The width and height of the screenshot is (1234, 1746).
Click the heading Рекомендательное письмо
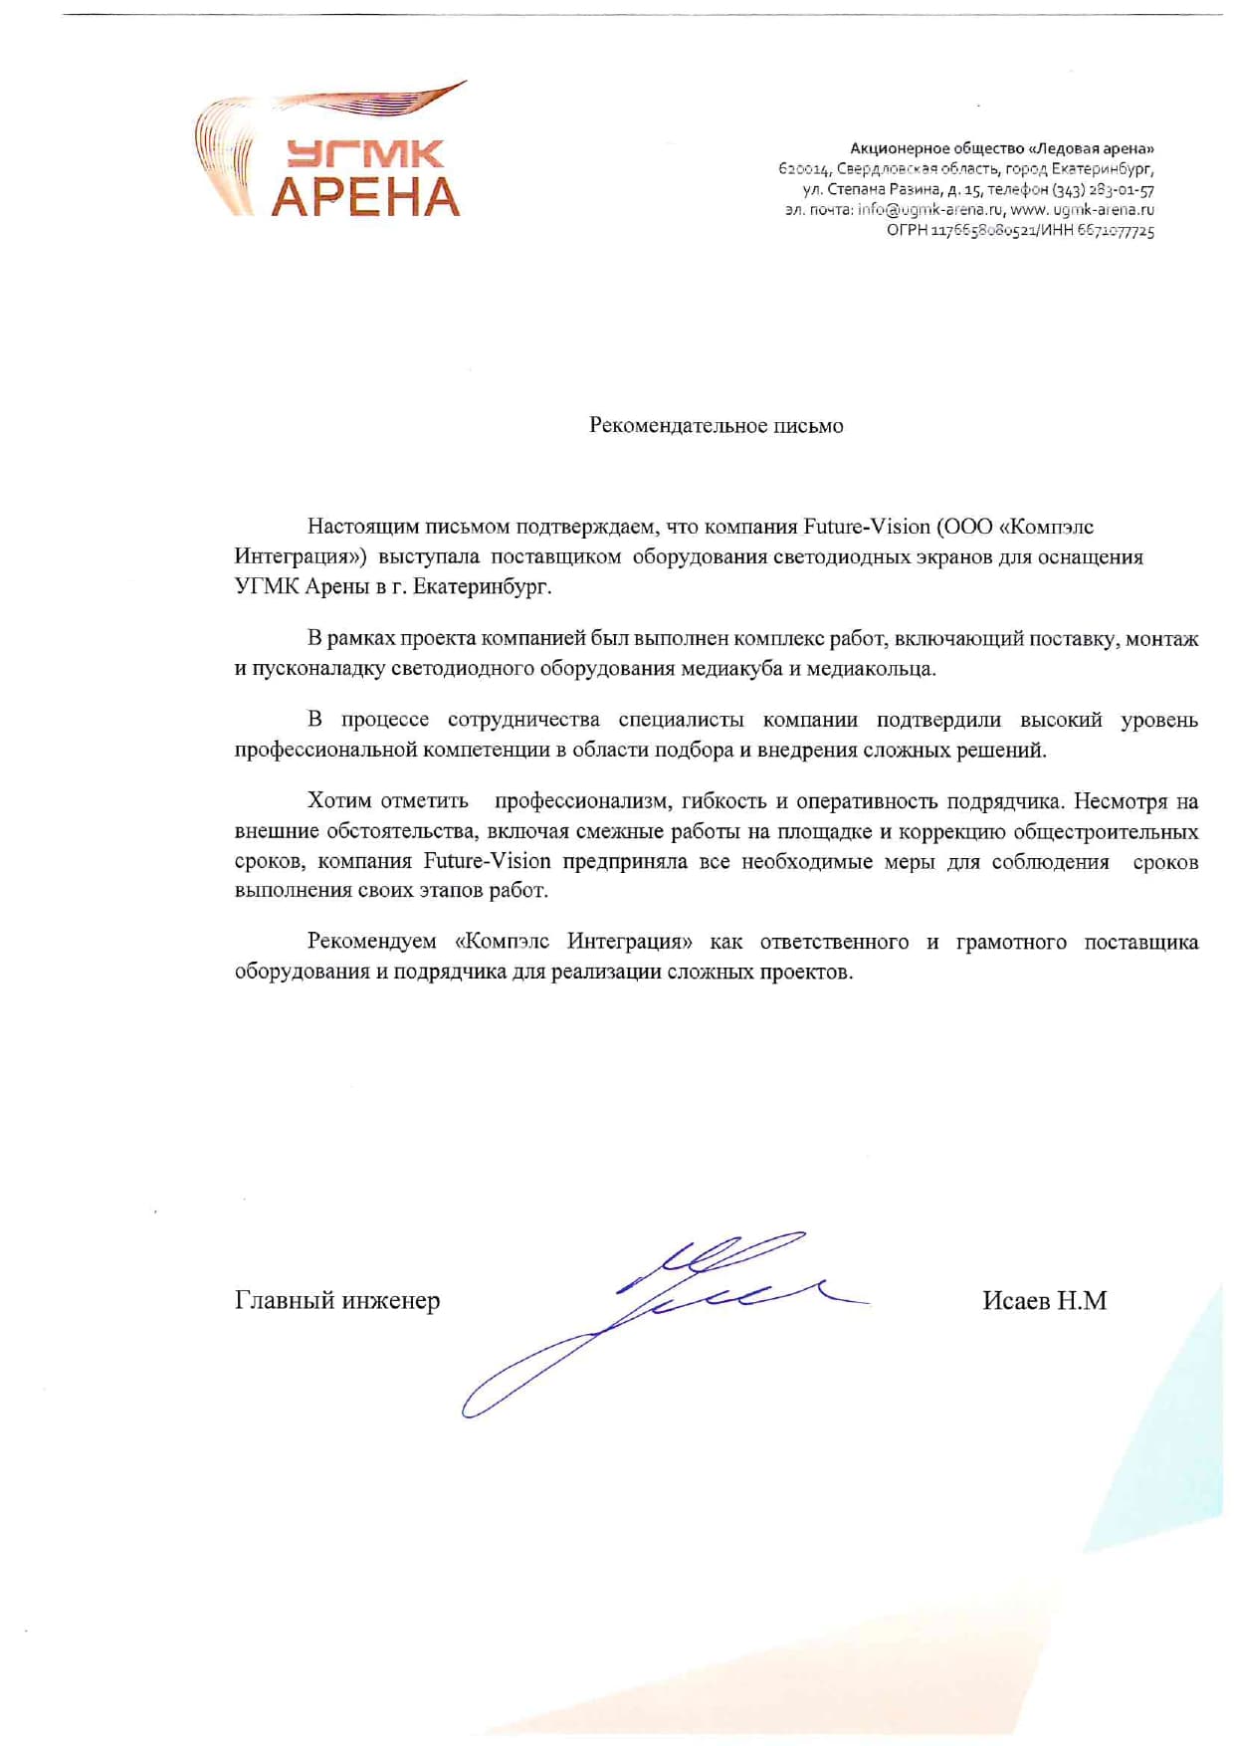point(716,426)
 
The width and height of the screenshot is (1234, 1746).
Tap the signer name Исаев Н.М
point(1044,1301)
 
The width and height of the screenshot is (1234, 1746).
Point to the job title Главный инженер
point(337,1301)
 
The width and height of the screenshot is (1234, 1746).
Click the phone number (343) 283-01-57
point(1103,190)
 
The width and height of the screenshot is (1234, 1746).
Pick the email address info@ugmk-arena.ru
point(929,210)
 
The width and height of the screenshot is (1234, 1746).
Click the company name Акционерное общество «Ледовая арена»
point(1001,148)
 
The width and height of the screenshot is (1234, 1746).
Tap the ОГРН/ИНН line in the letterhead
point(1020,231)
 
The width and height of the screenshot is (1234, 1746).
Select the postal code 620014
point(804,169)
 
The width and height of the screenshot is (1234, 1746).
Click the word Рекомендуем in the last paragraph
point(371,942)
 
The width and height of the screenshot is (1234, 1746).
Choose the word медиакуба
point(731,669)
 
